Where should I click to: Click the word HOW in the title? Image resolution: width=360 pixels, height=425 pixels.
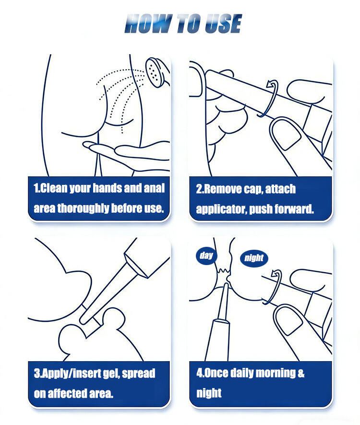pos(148,24)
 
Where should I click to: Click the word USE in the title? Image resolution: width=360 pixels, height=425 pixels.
pos(223,24)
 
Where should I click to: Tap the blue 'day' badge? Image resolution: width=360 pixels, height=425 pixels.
pos(206,255)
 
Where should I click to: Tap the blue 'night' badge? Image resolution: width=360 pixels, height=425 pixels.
pos(254,258)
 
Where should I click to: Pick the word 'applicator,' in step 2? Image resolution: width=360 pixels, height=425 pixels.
pos(221,209)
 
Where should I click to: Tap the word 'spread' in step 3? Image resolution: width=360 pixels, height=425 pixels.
pos(139,374)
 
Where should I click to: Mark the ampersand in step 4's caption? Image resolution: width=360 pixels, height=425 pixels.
pos(301,373)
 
